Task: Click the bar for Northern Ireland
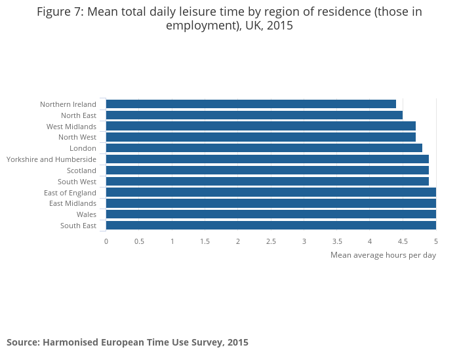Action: tap(250, 104)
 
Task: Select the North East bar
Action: tap(254, 115)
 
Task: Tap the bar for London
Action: tap(264, 148)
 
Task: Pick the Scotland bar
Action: tap(267, 170)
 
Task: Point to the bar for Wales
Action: tap(270, 214)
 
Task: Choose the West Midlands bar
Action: tap(260, 127)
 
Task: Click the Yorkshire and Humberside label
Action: tap(51, 159)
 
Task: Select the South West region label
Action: tap(77, 182)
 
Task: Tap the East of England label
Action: tap(70, 193)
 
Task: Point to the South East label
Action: tap(78, 226)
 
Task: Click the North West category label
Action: tap(77, 137)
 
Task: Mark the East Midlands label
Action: tap(73, 203)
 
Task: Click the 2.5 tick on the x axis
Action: tap(271, 241)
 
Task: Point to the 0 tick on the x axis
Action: tap(106, 241)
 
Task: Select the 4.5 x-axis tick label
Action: tap(403, 241)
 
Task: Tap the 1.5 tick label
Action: tap(205, 241)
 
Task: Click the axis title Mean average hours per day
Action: tap(383, 255)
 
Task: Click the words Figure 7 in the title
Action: tap(61, 12)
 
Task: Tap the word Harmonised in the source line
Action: tap(72, 342)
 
